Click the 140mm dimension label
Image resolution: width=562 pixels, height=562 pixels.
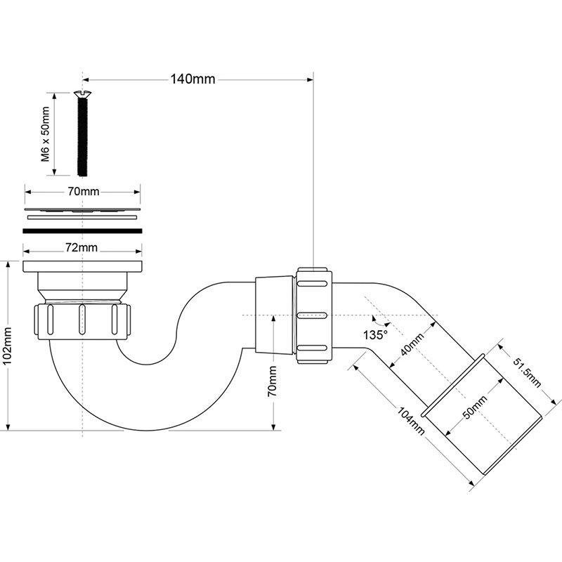pyautogui.click(x=193, y=79)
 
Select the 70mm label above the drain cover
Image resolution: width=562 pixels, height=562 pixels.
pyautogui.click(x=83, y=191)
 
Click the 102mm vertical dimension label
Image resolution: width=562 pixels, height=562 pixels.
pyautogui.click(x=8, y=347)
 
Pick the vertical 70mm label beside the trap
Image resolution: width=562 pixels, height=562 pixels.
pyautogui.click(x=272, y=380)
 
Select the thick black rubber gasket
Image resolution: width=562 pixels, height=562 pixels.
pyautogui.click(x=83, y=229)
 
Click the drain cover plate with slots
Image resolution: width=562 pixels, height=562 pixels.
pyautogui.click(x=83, y=209)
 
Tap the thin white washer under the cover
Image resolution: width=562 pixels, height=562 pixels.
pyautogui.click(x=83, y=218)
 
